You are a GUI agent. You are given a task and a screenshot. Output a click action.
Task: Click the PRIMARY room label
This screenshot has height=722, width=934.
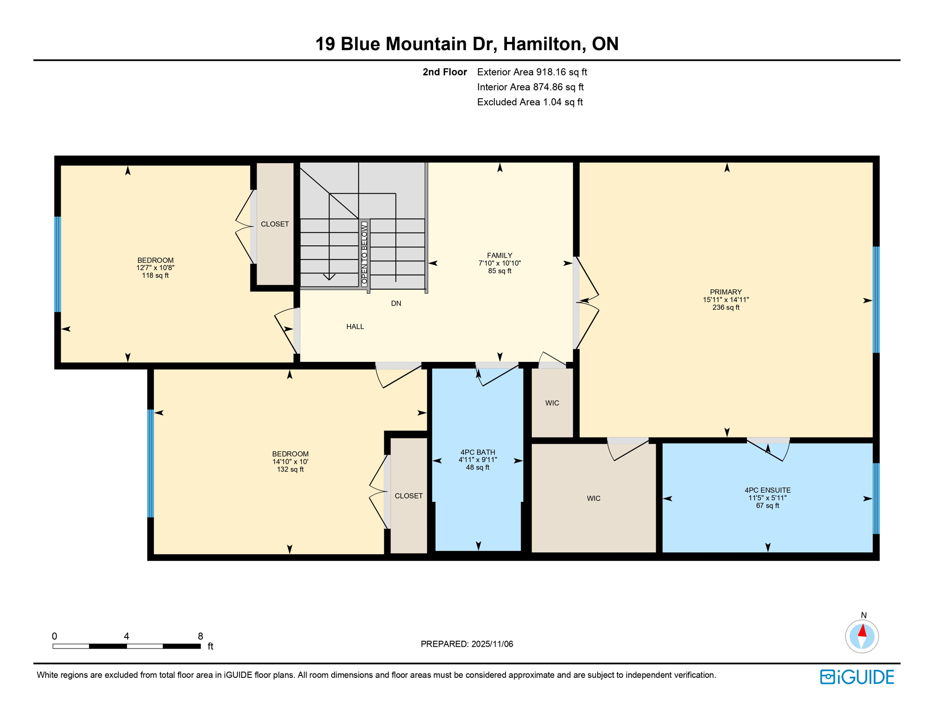pos(725,292)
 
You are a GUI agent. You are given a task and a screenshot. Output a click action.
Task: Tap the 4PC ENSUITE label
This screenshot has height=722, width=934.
pos(767,490)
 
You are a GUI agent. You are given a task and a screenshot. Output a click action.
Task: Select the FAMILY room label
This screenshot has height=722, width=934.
pos(499,256)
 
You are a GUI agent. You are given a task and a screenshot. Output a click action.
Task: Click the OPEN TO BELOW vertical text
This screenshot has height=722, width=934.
pos(364,254)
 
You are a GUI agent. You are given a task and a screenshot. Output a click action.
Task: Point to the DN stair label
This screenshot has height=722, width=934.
pos(396,304)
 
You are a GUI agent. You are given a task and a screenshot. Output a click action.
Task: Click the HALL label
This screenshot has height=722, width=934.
pos(355,327)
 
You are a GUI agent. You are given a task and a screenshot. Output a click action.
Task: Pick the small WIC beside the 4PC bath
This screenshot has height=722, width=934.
pos(552,403)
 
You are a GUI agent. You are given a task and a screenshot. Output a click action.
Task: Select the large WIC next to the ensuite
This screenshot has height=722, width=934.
pos(593,498)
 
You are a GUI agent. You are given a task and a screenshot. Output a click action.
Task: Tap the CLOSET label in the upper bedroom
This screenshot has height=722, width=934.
pos(275,224)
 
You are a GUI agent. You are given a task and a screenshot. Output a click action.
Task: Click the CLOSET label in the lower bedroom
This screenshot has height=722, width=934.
pos(409,496)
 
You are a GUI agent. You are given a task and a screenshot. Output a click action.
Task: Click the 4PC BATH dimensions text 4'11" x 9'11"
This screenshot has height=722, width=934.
pos(478,460)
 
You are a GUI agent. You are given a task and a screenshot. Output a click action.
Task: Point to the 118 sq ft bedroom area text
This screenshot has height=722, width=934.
pos(155,275)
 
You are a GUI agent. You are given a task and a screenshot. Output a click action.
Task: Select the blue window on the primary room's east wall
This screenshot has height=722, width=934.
pos(876,299)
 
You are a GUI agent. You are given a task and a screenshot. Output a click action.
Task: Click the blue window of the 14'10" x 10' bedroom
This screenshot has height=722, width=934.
pos(151,463)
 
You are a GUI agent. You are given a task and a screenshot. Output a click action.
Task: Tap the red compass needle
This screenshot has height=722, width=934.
pos(862,630)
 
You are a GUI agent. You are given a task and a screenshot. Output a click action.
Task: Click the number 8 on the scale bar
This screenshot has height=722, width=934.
pos(200,636)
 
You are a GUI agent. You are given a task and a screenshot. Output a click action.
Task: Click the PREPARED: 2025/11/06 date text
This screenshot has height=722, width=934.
pos(467,644)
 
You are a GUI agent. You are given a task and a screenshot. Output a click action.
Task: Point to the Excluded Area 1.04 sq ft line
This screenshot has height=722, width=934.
pos(529,102)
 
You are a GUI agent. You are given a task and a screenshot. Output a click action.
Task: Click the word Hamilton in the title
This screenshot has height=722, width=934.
pos(544,44)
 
